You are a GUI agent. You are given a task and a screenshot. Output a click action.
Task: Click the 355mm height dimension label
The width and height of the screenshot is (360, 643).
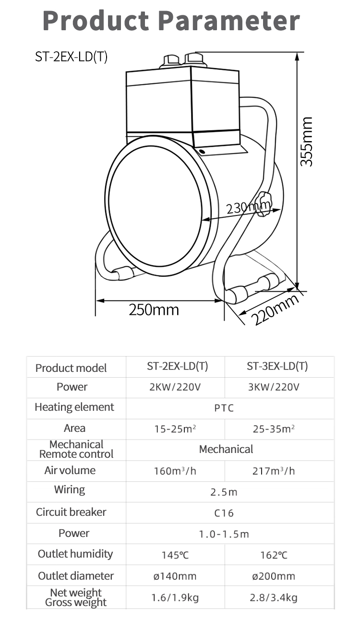point(306,142)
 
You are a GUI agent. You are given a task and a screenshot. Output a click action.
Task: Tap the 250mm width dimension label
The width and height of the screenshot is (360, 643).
point(154,310)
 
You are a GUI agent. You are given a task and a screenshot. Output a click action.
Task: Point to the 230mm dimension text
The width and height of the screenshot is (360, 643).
point(248,208)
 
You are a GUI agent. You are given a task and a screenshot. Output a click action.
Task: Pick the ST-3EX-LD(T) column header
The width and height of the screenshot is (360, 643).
point(277,367)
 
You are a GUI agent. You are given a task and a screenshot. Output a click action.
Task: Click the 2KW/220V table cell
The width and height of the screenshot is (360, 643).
point(175,387)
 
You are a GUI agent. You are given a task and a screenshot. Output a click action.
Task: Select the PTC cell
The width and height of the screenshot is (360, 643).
point(224,408)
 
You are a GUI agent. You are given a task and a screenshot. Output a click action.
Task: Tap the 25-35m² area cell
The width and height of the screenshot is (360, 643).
point(274,429)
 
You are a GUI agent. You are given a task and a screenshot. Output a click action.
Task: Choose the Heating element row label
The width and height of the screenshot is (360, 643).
point(74,407)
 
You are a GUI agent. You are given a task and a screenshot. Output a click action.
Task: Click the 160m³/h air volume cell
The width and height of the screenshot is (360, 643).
point(175,471)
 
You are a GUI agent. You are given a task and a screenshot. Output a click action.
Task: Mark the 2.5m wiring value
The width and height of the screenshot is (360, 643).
point(224,492)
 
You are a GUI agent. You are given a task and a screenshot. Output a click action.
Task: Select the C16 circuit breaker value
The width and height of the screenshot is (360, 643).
point(224,513)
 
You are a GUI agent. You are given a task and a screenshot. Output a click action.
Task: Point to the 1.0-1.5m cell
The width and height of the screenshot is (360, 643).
point(224,534)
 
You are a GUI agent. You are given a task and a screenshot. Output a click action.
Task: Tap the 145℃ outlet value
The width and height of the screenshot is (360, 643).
point(175,555)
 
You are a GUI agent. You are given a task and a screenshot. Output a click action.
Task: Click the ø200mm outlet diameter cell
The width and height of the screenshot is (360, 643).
point(274,576)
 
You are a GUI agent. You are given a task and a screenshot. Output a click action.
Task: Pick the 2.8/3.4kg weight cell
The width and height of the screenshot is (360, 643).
point(274,598)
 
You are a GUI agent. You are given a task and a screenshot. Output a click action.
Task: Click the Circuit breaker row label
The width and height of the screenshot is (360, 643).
point(71,512)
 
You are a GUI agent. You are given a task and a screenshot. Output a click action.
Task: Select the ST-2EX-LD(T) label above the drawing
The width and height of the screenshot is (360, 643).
point(72,57)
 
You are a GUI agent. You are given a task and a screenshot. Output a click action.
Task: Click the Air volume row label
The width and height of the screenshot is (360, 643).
point(70,470)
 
